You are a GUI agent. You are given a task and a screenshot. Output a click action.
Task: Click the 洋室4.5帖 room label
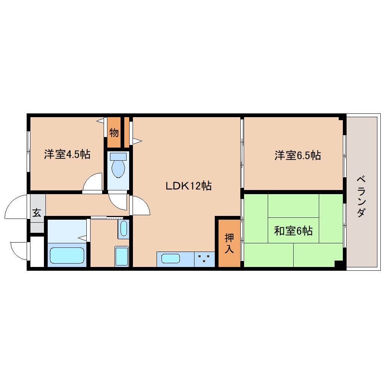coord(67,154)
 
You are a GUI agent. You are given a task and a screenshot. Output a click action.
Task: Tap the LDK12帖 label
coord(188,186)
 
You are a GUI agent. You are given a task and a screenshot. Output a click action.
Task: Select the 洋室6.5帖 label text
coord(297,155)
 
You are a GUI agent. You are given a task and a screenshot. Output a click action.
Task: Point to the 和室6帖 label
coord(293,231)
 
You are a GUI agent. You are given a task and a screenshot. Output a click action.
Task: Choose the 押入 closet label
coord(229,243)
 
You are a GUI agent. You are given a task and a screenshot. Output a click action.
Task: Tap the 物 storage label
coord(114,133)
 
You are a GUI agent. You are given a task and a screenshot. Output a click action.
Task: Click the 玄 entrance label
coord(37,213)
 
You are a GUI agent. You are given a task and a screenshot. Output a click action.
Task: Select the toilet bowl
coord(118,169)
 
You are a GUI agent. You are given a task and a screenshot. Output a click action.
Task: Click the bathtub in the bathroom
coord(67,255)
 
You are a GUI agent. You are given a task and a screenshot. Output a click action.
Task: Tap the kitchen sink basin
coord(171,258)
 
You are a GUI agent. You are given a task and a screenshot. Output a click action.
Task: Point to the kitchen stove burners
coord(204,258)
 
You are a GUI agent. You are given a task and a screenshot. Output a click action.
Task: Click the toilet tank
coord(118,157)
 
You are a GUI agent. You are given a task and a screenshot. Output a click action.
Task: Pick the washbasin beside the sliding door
coord(124,228)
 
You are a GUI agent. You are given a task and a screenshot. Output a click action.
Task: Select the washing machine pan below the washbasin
coord(122,256)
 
